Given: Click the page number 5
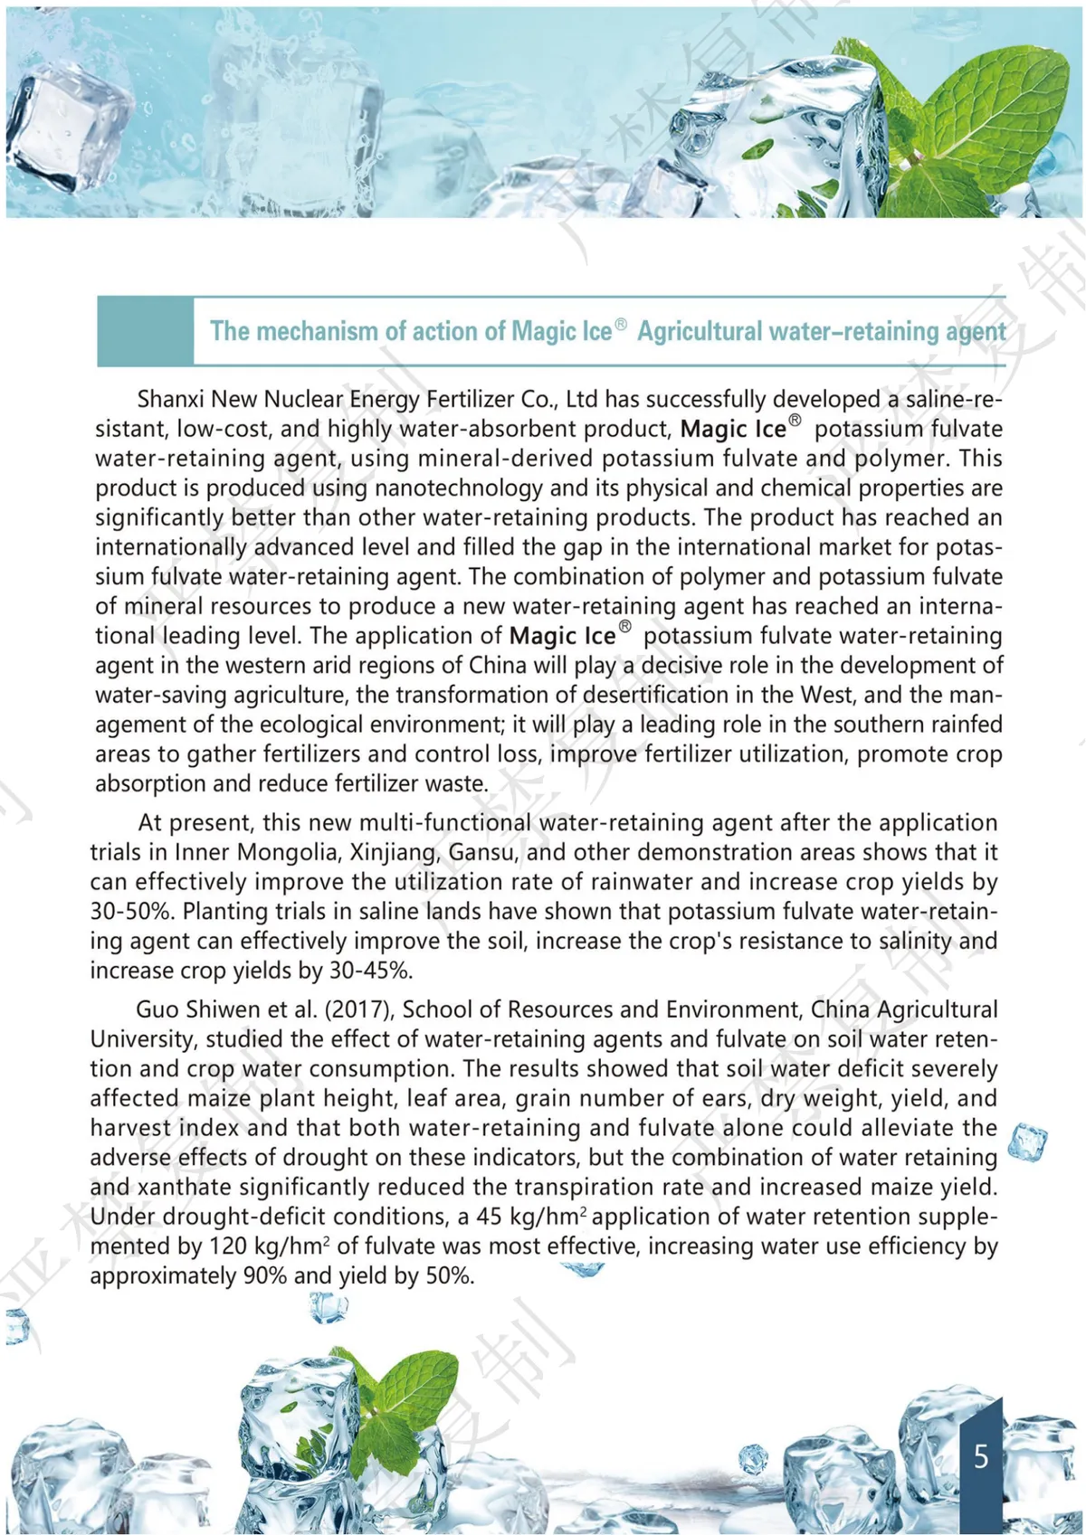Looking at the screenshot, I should click(981, 1456).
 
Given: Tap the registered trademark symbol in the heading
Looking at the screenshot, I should click(621, 324).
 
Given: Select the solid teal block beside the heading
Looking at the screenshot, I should click(145, 331).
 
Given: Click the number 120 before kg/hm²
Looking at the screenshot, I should click(229, 1246).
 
